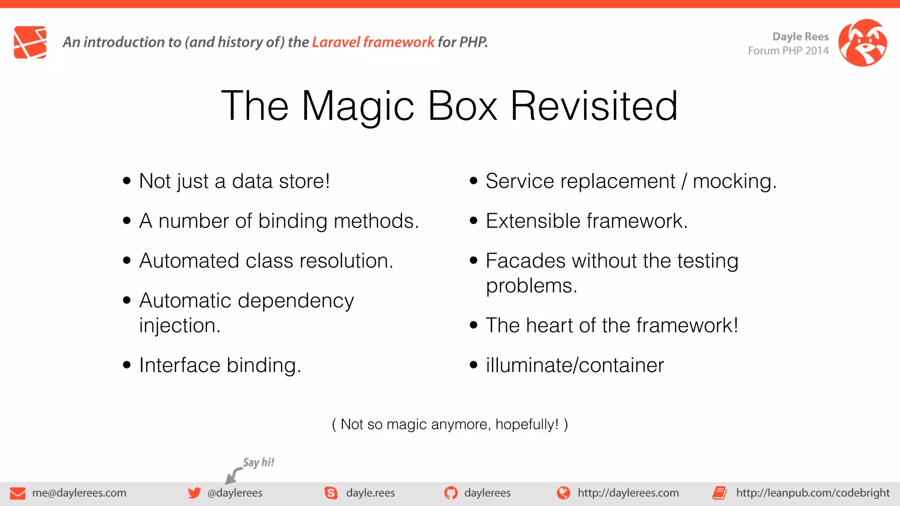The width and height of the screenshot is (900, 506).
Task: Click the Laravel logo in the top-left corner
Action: click(x=30, y=42)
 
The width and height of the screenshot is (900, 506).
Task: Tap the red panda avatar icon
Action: click(x=862, y=43)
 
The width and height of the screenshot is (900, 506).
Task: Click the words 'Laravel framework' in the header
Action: click(x=373, y=42)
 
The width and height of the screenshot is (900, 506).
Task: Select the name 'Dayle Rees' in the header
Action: click(x=800, y=36)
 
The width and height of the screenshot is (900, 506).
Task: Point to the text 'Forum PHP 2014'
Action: click(x=788, y=51)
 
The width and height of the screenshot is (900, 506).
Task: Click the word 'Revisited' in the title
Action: click(x=594, y=106)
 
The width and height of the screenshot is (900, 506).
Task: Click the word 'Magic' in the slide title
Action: click(x=358, y=106)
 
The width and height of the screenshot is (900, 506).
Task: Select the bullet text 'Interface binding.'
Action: click(x=220, y=365)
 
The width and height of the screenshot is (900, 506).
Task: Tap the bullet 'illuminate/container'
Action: click(x=574, y=365)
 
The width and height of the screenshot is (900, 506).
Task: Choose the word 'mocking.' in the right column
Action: click(x=734, y=181)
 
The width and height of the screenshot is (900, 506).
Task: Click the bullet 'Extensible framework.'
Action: click(x=586, y=220)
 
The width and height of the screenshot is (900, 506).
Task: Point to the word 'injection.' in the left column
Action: click(x=179, y=325)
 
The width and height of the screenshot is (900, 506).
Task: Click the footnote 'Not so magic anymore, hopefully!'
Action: click(x=450, y=424)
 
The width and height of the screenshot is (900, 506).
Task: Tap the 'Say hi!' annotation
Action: click(x=258, y=462)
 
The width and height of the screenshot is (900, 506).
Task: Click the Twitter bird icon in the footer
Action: click(x=194, y=493)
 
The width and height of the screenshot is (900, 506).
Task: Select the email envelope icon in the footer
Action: click(x=18, y=493)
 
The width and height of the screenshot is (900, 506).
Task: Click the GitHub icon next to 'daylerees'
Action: click(x=450, y=493)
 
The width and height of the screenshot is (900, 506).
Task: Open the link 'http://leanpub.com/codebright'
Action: click(x=813, y=493)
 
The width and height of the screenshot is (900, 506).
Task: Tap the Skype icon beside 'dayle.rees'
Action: click(x=331, y=493)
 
